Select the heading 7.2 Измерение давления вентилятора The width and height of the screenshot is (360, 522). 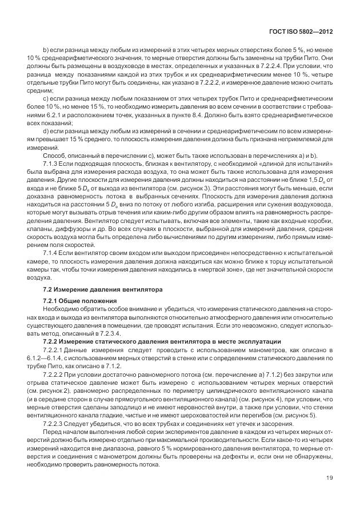[x=97, y=288]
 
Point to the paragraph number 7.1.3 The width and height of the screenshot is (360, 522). [x=50, y=162]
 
